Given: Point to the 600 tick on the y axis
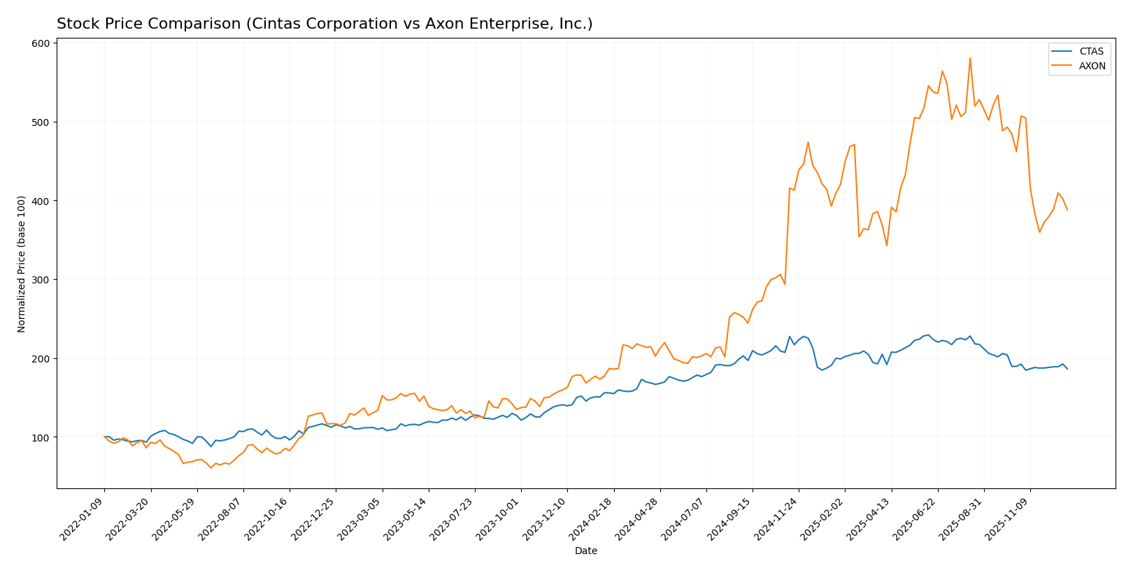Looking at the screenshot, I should pos(41,43).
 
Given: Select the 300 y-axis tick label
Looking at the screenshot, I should pos(41,280).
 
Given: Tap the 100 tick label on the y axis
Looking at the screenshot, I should pos(41,437).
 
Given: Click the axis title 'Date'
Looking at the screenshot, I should pos(585,551).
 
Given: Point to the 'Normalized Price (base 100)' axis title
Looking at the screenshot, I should pos(22,264).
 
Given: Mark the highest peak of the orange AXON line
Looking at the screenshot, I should pos(969,58).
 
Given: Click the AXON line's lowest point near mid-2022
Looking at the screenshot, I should pos(211,467).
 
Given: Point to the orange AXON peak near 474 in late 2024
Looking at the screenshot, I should pos(808,142).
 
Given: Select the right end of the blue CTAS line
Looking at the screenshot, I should pos(1067,369).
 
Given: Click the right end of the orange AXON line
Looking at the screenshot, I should pos(1067,210).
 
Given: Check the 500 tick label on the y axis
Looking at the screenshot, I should pos(41,122).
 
